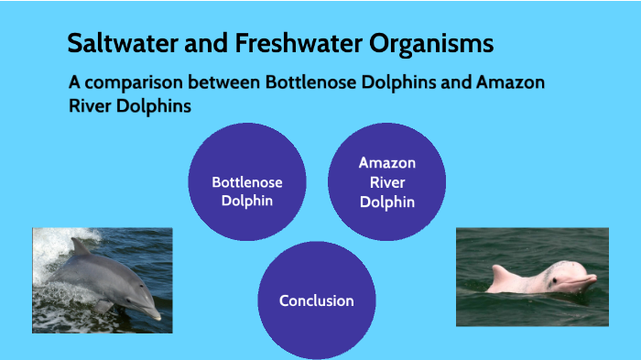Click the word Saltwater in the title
click(115, 43)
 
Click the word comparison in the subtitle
click(131, 82)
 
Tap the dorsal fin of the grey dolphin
click(81, 246)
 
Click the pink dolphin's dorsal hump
click(501, 270)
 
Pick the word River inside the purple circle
click(386, 182)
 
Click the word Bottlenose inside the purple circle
click(247, 182)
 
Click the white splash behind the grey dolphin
click(55, 243)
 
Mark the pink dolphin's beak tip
click(593, 278)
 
